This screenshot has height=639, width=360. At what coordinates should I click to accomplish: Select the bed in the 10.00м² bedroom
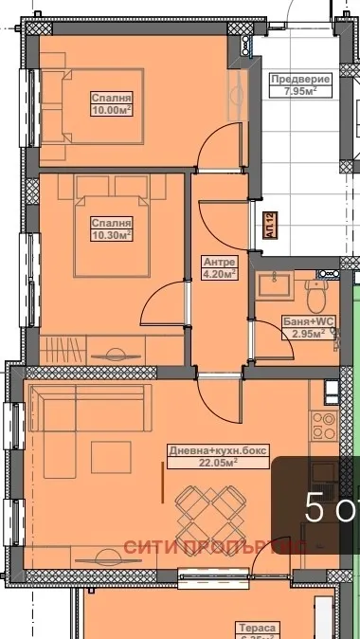coord(90,104)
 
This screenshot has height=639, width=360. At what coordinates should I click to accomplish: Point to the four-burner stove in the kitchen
coord(329,418)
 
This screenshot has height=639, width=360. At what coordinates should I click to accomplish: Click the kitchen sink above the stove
coord(329,390)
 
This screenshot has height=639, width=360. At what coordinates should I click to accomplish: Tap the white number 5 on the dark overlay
coord(315,510)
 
